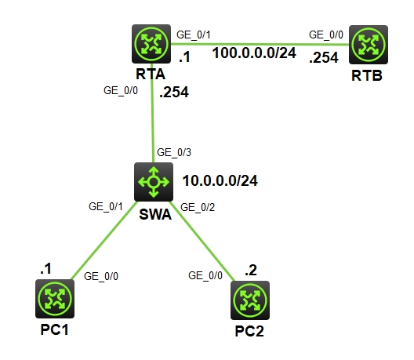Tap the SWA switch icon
coord(153,181)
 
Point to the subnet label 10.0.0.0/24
coord(220,180)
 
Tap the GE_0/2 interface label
coord(198,207)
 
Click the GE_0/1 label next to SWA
coord(105,206)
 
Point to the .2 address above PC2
coord(250,271)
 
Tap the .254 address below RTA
coord(175,92)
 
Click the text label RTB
coord(367,77)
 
